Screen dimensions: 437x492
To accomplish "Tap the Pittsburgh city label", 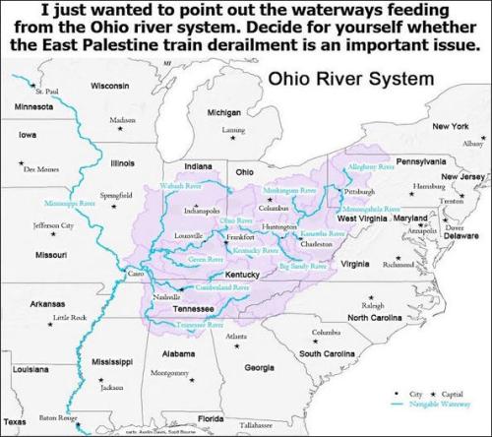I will (360, 191).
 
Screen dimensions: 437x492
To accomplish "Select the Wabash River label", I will (181, 186).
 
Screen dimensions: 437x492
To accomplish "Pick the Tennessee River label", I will (200, 323).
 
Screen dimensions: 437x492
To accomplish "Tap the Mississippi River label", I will (70, 203).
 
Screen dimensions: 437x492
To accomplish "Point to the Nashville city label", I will (167, 296).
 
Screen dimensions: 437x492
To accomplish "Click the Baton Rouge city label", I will (54, 417).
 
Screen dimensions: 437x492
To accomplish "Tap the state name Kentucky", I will (243, 274).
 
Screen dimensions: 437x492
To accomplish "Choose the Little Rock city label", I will (69, 317).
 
